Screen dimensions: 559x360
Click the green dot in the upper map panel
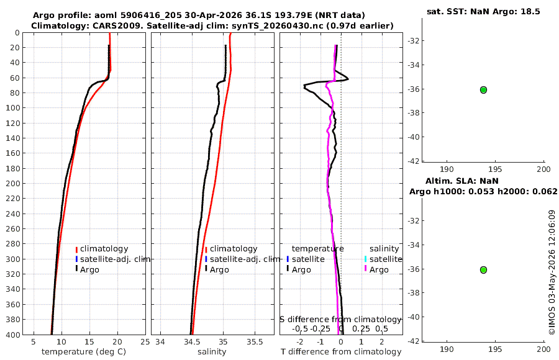483,90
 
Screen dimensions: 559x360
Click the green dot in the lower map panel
483,270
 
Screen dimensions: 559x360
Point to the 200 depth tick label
13,183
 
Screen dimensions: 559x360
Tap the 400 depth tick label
13,335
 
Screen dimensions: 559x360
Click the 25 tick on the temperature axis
145,342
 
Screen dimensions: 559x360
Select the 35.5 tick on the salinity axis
255,342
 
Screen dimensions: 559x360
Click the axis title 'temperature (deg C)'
84,352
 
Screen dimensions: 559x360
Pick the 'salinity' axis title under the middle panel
212,352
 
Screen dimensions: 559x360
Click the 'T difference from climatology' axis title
341,352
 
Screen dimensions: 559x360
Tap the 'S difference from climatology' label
341,319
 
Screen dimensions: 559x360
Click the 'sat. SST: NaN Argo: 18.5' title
483,11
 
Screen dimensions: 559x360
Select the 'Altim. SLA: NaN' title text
461,181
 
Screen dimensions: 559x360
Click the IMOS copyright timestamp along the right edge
552,272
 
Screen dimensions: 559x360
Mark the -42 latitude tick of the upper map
413,161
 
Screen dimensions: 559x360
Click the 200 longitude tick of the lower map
543,349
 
